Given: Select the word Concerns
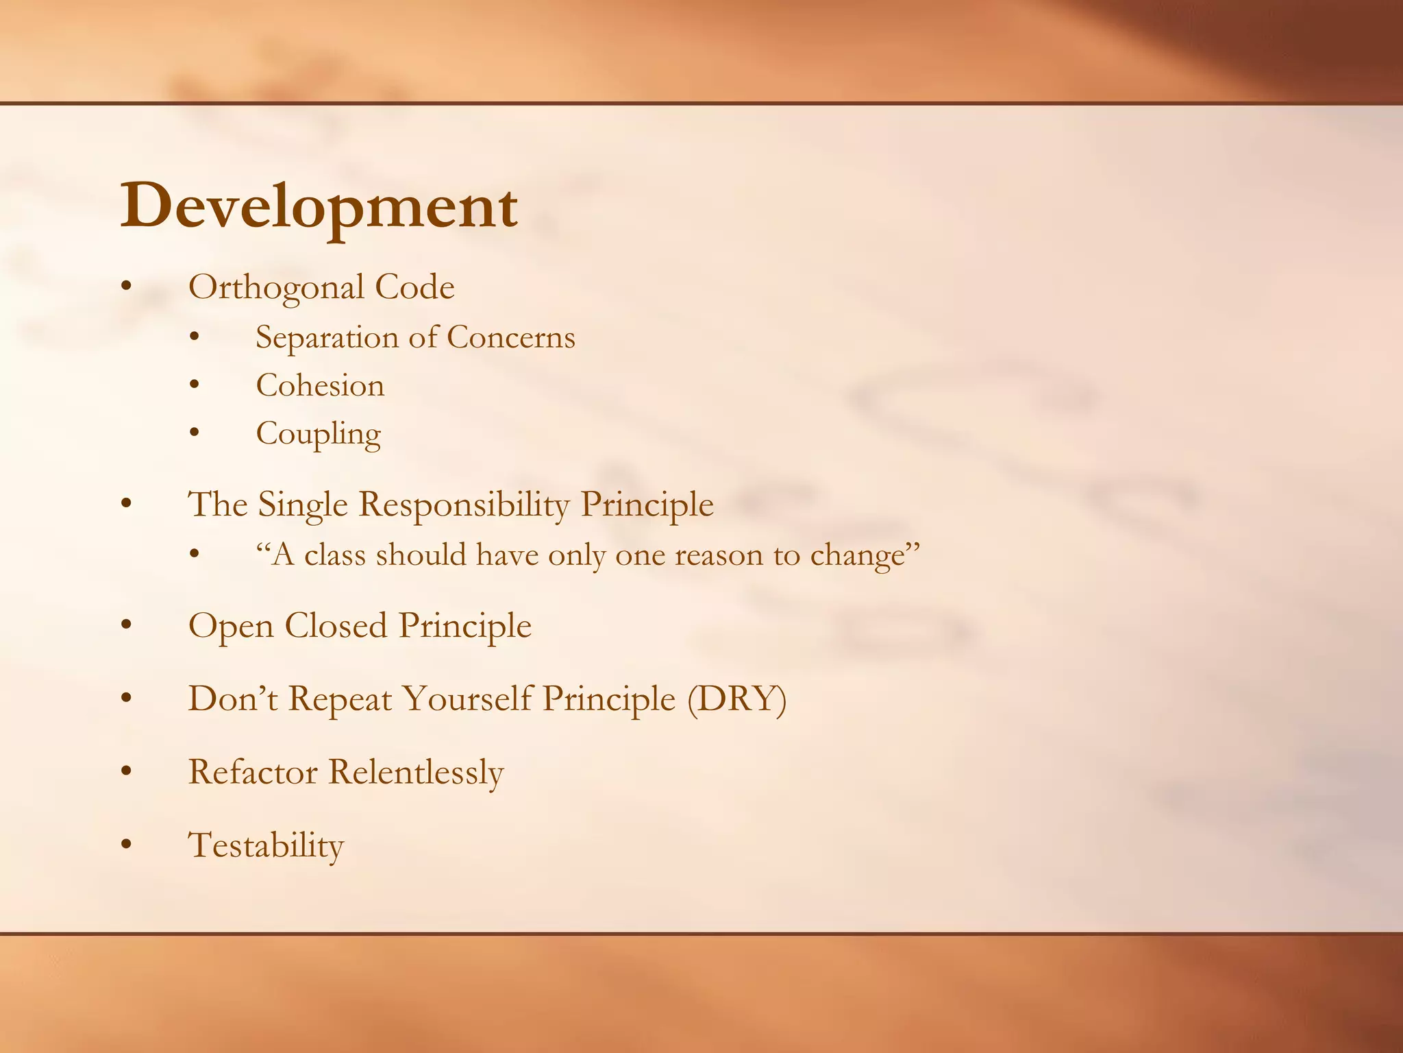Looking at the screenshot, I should coord(511,337).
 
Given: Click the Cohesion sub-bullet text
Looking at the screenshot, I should coord(320,385).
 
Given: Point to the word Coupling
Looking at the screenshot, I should coord(318,434).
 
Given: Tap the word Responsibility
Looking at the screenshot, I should coord(464,505).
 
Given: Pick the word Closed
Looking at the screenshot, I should coord(336,625).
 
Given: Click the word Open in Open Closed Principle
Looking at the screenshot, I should coord(231,627).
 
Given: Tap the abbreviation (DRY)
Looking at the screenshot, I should coord(736,699).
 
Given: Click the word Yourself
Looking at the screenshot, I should coord(467,699).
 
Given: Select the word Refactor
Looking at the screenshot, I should coord(253,772).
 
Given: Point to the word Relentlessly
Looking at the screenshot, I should coord(416,773).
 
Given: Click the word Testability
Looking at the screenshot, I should coord(266,845).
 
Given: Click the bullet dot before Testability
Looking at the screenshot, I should coord(125,846).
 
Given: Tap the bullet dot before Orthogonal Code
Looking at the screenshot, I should coord(125,288).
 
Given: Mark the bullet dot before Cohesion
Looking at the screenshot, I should coord(195,386).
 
